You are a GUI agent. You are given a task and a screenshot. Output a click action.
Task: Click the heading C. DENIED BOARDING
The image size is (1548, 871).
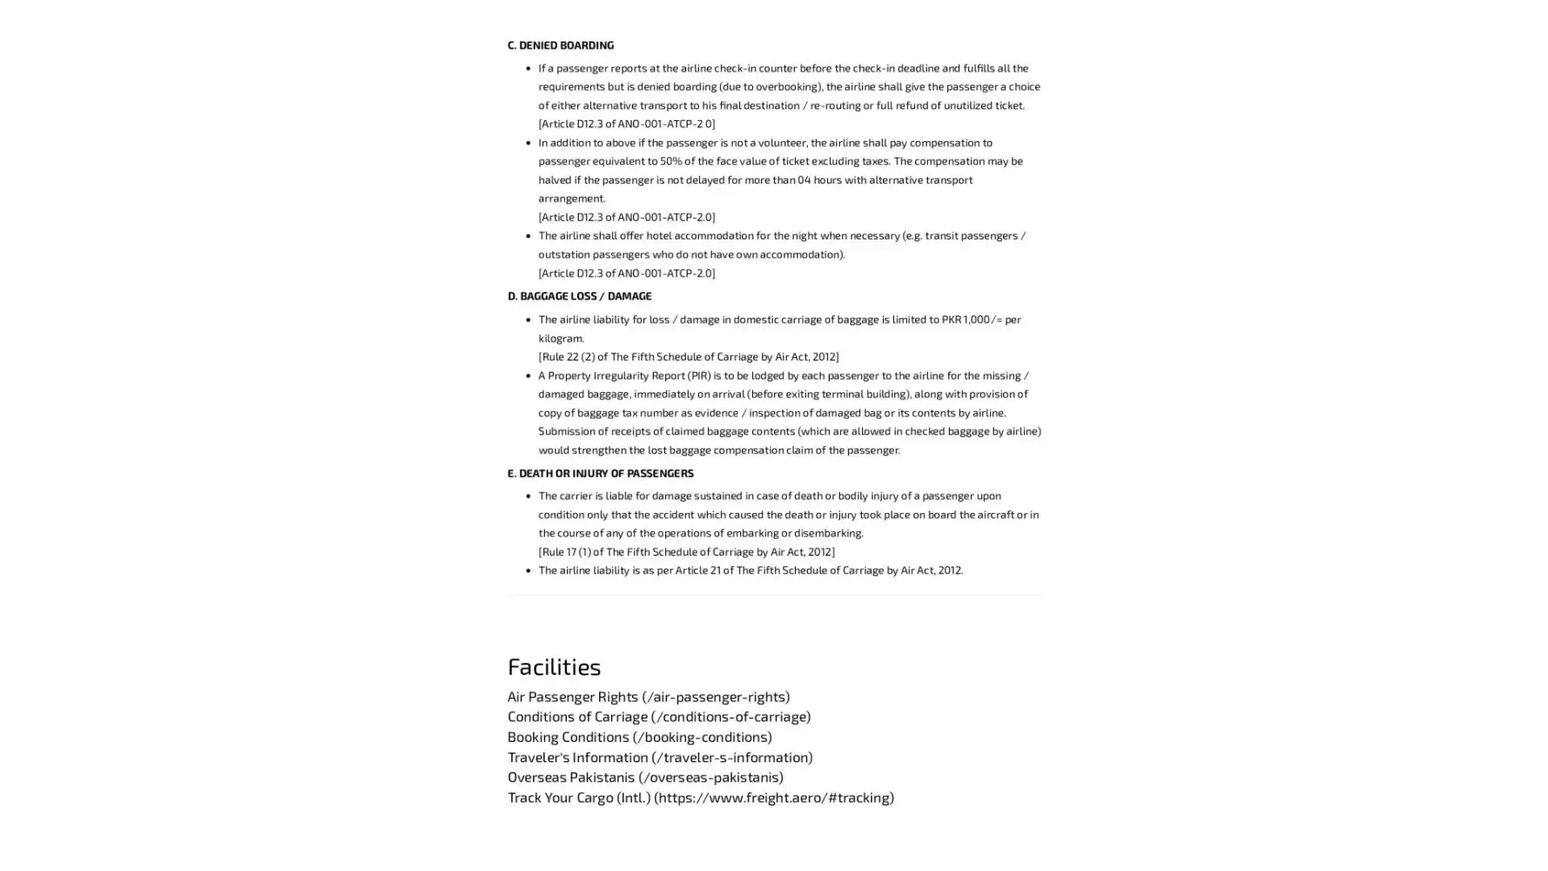coord(560,44)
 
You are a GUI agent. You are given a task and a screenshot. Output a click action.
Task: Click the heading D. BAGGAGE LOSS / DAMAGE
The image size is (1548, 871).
coord(579,296)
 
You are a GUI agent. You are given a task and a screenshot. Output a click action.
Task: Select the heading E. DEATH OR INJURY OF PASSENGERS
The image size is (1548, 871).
coord(600,473)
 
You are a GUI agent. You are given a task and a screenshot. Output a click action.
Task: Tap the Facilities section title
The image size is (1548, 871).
coord(554,666)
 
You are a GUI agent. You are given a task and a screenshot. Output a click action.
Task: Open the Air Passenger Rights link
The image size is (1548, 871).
coord(648,696)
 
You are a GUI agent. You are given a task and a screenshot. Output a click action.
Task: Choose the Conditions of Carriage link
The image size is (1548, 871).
coord(658,716)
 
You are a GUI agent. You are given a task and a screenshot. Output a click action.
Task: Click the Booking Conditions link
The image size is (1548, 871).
coord(639,736)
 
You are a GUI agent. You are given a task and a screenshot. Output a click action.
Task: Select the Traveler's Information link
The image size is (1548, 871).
coord(659,757)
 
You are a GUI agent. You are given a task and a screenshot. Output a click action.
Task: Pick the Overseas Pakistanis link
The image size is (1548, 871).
coord(644,777)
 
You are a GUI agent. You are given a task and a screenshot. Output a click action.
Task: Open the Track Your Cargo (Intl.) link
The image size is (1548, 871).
coord(700,797)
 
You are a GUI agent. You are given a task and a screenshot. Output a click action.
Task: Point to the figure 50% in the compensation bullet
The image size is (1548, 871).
coord(670,161)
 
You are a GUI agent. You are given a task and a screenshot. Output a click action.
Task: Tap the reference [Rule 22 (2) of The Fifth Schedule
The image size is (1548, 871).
coord(688,356)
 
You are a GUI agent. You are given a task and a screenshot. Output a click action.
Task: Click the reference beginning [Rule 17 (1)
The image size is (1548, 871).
coord(685,551)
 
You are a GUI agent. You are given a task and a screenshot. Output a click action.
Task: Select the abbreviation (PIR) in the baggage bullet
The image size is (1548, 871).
coord(699,375)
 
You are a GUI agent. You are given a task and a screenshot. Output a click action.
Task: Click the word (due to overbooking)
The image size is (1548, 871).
coord(770,86)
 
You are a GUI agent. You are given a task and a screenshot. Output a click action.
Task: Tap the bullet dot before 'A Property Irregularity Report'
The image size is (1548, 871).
coord(528,375)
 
